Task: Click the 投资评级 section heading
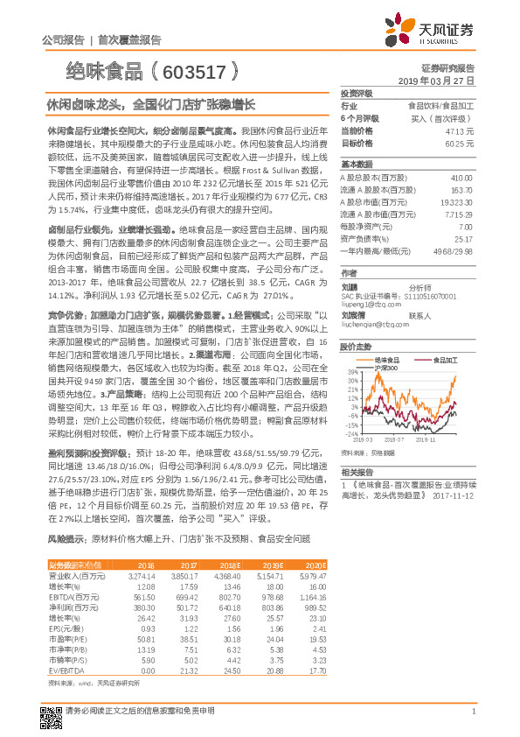[x=357, y=93]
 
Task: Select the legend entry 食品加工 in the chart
[x=436, y=360]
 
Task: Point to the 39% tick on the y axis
[x=352, y=373]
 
